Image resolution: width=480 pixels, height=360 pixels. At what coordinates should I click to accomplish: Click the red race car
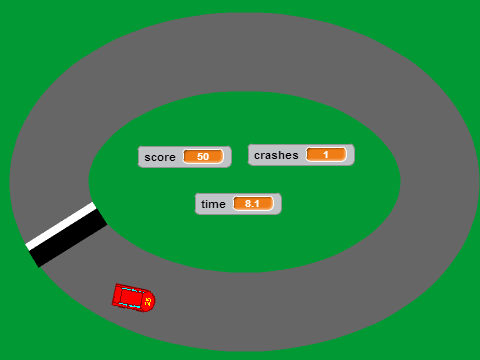point(133,298)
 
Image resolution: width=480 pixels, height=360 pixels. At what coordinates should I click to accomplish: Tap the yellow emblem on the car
point(148,301)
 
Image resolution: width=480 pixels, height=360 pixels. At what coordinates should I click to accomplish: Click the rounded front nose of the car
point(152,301)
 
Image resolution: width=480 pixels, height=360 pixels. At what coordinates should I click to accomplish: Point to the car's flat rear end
point(115,294)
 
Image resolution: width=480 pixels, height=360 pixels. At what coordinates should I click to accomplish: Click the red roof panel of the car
point(131,297)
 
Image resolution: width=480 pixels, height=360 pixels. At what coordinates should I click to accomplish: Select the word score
point(160,157)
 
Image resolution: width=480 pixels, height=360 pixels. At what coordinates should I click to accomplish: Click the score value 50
point(203,156)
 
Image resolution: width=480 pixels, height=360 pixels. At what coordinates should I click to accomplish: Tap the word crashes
point(276,155)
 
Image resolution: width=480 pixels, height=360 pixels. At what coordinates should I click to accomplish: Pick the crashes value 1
point(326,154)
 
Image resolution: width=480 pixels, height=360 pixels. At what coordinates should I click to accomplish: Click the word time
point(213,204)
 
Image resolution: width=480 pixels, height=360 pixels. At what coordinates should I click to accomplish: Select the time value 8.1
point(252,203)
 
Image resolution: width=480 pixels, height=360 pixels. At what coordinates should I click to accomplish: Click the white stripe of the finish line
point(61,226)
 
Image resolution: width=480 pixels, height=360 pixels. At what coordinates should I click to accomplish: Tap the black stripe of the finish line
point(69,238)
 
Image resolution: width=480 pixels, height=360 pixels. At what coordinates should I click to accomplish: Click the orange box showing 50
point(203,156)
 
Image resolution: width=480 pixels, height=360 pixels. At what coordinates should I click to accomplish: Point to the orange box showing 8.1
point(253,203)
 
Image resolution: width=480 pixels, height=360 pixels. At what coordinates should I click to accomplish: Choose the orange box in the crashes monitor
point(326,154)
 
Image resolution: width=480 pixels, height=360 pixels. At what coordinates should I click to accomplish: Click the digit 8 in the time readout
point(248,203)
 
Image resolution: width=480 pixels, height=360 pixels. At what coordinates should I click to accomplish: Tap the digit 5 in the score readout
point(200,156)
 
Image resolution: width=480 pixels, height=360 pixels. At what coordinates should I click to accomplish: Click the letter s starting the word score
point(147,158)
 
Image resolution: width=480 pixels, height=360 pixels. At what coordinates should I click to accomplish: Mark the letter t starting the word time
point(203,204)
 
